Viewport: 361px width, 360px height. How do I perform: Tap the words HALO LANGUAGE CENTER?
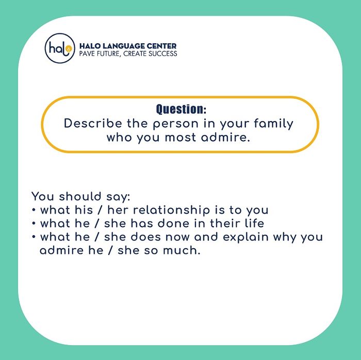coord(128,46)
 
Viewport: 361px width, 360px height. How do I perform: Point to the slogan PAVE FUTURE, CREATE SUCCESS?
coord(128,54)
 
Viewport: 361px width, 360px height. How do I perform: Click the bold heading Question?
coord(180,109)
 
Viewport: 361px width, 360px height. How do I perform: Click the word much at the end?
coord(182,251)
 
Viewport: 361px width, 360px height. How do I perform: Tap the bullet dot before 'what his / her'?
coord(34,211)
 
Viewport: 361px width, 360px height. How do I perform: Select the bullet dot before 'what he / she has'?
coord(34,224)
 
